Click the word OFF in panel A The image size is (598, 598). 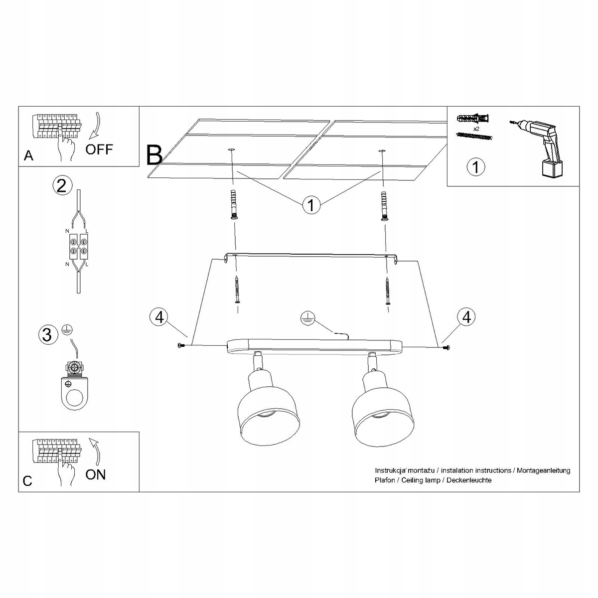99,149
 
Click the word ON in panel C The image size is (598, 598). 95,474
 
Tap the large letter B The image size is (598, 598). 154,154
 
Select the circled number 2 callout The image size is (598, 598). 61,186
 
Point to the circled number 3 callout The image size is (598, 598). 47,334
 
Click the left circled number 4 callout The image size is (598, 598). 159,317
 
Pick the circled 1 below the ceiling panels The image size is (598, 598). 311,205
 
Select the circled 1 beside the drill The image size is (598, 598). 476,166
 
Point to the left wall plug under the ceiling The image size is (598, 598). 233,204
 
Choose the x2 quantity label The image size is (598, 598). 476,129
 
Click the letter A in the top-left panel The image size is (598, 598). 28,156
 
